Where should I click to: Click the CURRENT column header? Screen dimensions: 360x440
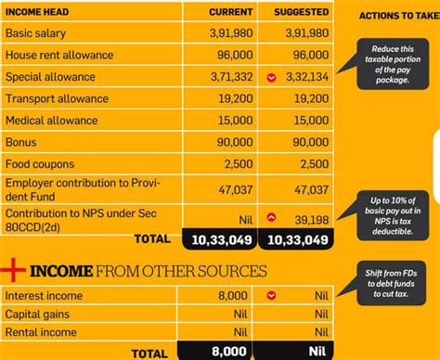(218, 12)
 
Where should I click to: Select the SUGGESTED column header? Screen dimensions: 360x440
(301, 12)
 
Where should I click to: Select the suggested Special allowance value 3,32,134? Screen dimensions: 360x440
(303, 77)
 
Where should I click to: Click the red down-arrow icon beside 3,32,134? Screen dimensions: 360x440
(270, 77)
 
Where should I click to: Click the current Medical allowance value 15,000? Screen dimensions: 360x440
(225, 121)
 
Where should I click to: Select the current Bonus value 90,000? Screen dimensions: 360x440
(225, 142)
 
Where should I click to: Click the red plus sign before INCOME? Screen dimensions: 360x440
(13, 270)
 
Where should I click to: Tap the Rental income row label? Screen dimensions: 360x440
(42, 332)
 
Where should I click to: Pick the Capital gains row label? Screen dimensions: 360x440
(39, 314)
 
